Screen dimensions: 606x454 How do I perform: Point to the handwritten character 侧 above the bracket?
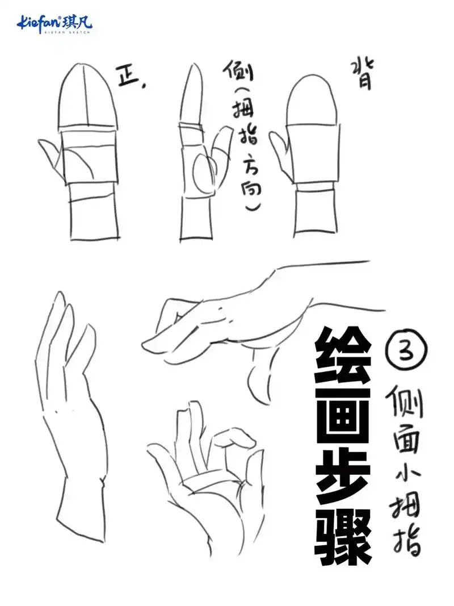238,74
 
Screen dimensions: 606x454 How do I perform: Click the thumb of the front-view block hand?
52,156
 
